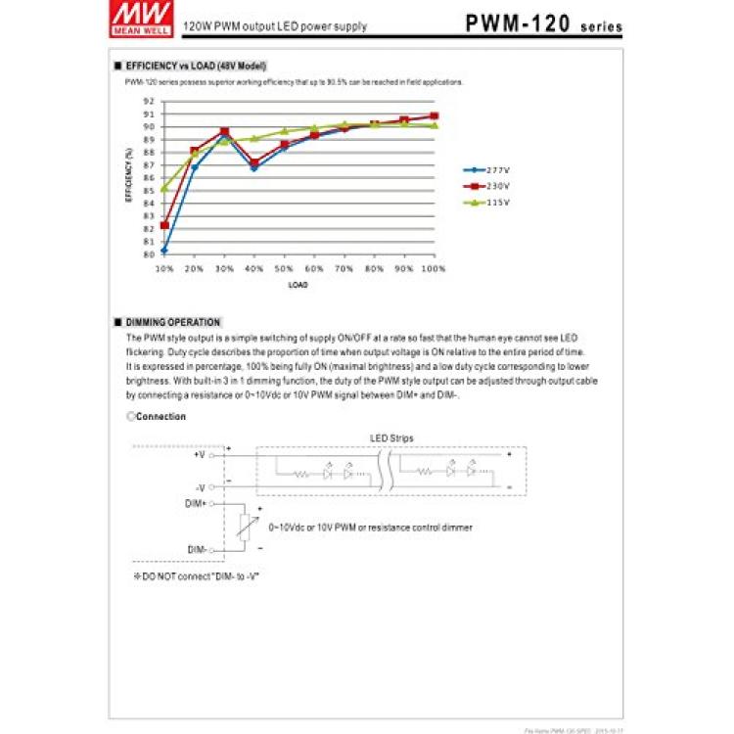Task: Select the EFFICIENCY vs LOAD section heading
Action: pos(197,67)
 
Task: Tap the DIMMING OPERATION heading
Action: pos(173,322)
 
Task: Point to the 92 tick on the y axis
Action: pos(149,101)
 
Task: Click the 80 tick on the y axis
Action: pos(149,254)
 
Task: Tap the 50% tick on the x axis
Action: pos(284,267)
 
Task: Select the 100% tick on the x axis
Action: pos(434,267)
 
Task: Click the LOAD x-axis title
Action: pos(298,286)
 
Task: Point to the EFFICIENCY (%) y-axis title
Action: pos(129,177)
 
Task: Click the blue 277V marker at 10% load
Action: pos(164,250)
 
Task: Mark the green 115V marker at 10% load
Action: pos(164,187)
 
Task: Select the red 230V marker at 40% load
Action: pos(254,162)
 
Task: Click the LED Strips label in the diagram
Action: pos(390,437)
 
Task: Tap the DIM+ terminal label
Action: pos(196,502)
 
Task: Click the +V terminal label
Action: pos(199,455)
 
